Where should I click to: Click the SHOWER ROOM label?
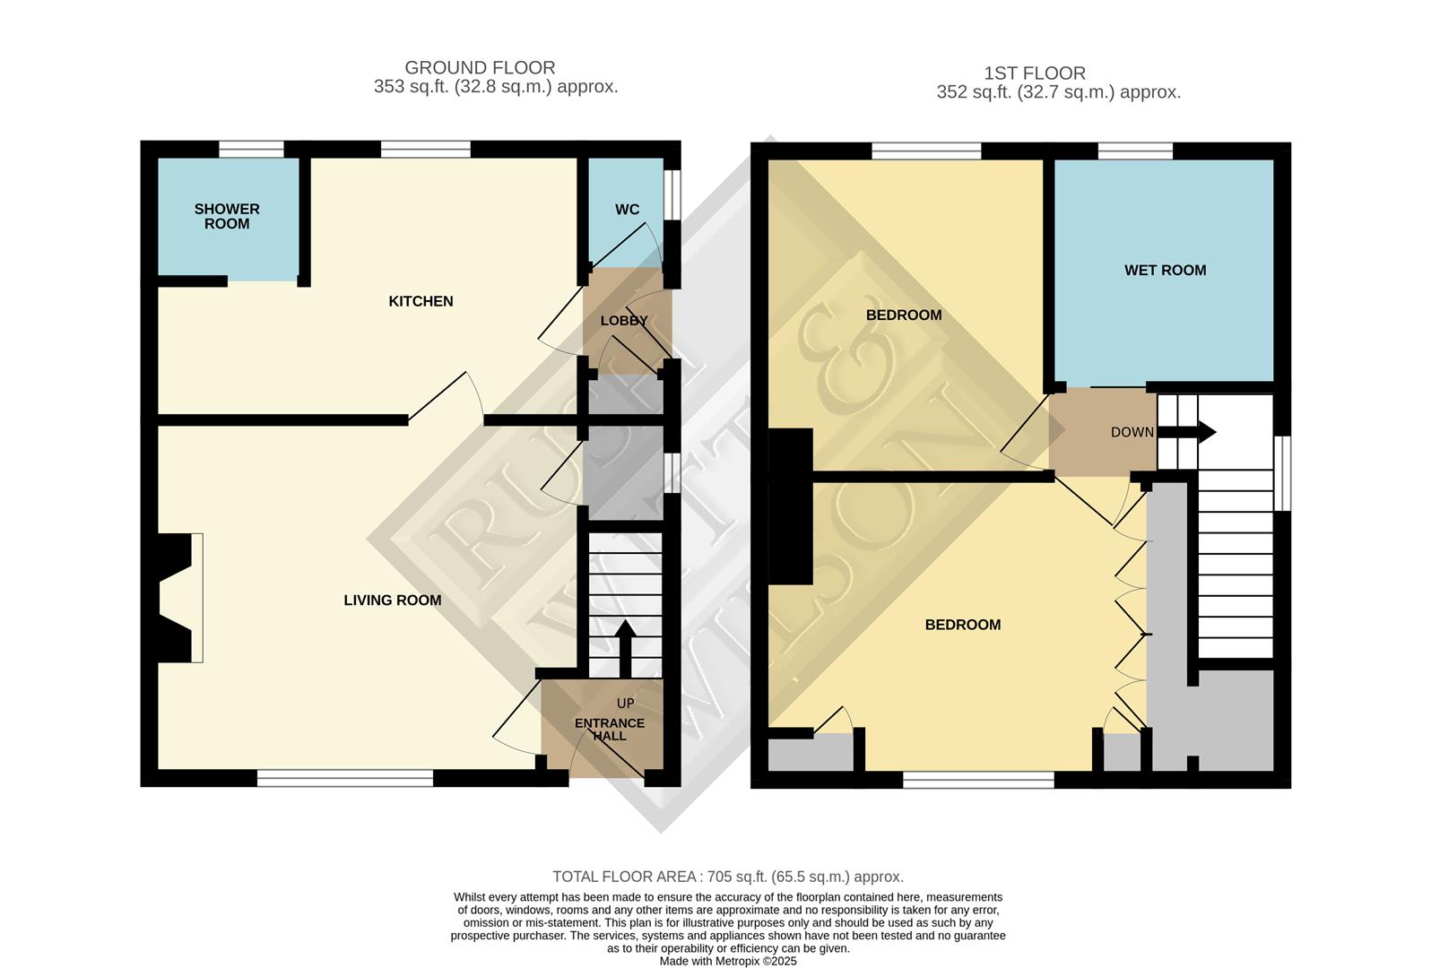(x=227, y=216)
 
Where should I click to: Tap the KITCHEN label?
(x=421, y=301)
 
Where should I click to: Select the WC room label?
(x=627, y=210)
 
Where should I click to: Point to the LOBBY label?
(x=624, y=321)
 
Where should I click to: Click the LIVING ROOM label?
(x=392, y=601)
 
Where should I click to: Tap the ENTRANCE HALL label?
(x=610, y=729)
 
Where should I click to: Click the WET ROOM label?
(x=1165, y=270)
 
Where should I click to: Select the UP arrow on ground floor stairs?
(x=625, y=649)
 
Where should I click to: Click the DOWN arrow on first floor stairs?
(x=1198, y=432)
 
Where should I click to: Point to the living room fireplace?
(x=176, y=598)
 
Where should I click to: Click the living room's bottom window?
(x=345, y=778)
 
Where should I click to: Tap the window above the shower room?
(x=252, y=150)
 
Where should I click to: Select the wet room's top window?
(x=1135, y=151)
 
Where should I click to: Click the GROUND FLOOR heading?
(x=480, y=67)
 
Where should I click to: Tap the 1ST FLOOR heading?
(x=1035, y=73)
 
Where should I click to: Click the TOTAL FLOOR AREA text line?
(x=727, y=877)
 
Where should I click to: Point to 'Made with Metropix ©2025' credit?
(x=727, y=961)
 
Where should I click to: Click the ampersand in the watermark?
(x=843, y=350)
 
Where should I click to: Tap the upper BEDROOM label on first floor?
(x=903, y=315)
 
